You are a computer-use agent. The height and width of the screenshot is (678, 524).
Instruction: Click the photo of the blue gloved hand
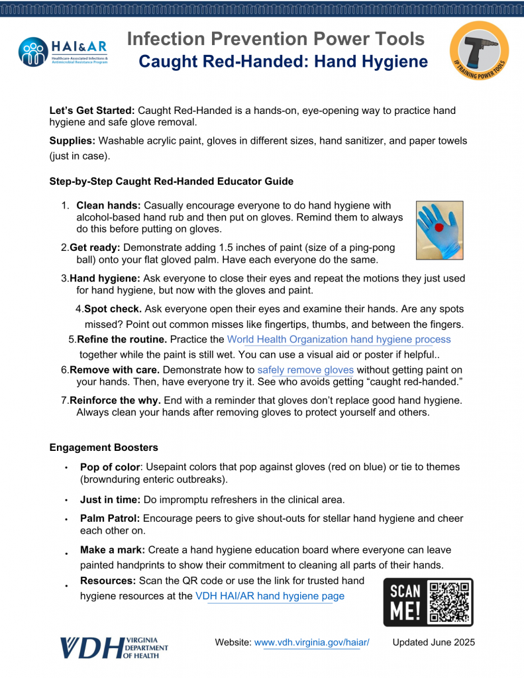[x=439, y=230]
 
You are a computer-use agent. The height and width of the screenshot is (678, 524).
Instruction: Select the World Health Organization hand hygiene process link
[x=339, y=340]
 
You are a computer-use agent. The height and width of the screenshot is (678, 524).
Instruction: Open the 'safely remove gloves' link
[x=305, y=370]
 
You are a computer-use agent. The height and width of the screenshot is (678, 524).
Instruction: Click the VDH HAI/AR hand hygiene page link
[x=270, y=596]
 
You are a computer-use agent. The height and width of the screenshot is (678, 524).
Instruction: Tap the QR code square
[x=450, y=602]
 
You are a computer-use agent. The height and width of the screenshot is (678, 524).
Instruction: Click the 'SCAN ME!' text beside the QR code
[x=405, y=602]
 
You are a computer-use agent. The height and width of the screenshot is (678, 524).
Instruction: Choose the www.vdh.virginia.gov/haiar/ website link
[x=311, y=643]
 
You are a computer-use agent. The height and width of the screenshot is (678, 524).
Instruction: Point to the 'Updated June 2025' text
[x=433, y=643]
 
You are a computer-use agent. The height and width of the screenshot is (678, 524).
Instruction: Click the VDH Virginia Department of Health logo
[x=114, y=647]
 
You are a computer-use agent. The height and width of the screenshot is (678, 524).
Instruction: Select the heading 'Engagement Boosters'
[x=103, y=448]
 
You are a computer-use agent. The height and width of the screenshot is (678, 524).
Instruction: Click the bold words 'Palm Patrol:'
[x=110, y=518]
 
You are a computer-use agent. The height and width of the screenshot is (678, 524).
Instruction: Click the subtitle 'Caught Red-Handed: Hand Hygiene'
[x=283, y=62]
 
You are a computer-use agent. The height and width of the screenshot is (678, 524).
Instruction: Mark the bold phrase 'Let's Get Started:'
[x=92, y=111]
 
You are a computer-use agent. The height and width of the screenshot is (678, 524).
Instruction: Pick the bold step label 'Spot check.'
[x=113, y=309]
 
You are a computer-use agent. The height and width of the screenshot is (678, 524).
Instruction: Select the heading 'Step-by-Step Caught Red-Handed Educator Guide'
[x=171, y=181]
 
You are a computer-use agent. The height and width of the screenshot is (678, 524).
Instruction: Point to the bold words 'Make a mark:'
[x=112, y=550]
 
